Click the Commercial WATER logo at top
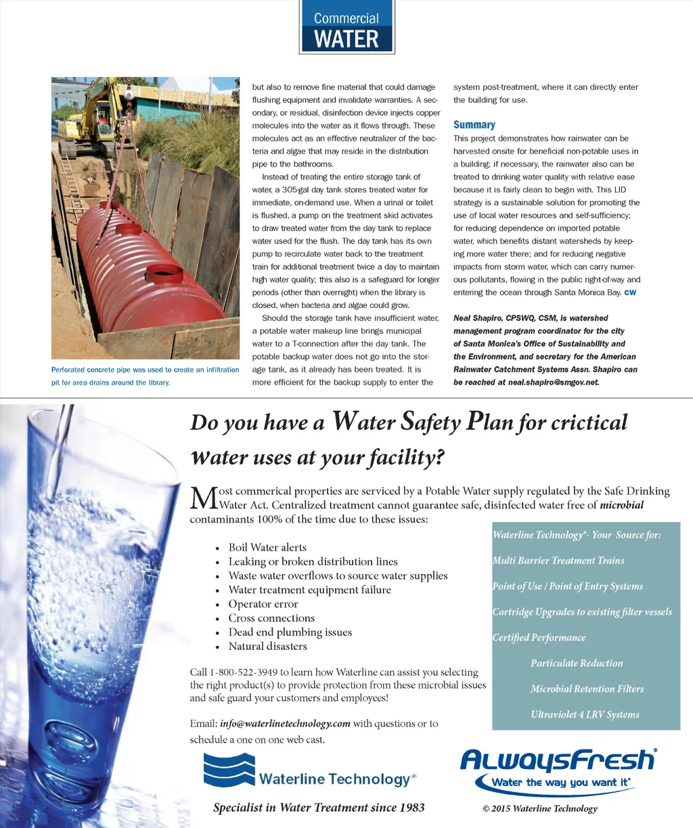[x=346, y=28]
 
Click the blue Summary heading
[x=474, y=125]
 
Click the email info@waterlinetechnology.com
[x=285, y=724]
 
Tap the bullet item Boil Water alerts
[x=267, y=548]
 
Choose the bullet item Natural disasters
[x=267, y=647]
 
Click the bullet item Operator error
[x=263, y=604]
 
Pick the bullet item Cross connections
[x=271, y=618]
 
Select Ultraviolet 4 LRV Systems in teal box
[x=585, y=714]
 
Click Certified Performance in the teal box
[x=539, y=638]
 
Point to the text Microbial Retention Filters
[x=587, y=689]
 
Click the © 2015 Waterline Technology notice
[x=539, y=808]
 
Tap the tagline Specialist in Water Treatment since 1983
[x=319, y=807]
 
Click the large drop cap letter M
[x=203, y=498]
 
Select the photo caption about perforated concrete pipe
[x=145, y=376]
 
